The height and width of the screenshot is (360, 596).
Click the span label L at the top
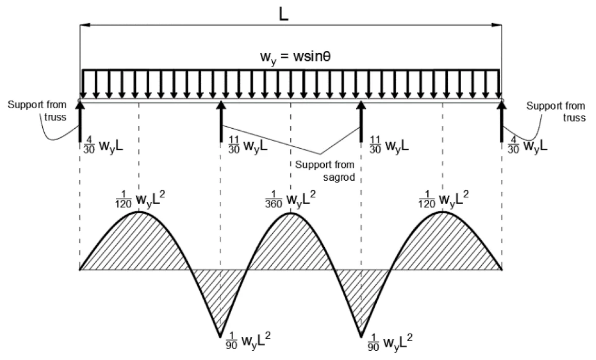click(x=284, y=14)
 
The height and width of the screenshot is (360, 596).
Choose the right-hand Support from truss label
click(x=556, y=111)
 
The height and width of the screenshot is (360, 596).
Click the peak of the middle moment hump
click(x=291, y=213)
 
